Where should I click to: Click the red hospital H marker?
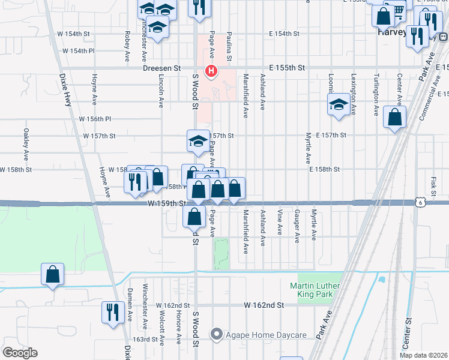coord(211,71)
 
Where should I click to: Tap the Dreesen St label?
coord(161,68)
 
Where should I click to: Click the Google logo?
coord(20,352)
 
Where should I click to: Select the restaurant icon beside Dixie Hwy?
coord(112,311)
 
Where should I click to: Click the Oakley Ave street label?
coord(26,140)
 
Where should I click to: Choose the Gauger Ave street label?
coord(297,227)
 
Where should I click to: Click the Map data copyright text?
coord(424,355)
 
